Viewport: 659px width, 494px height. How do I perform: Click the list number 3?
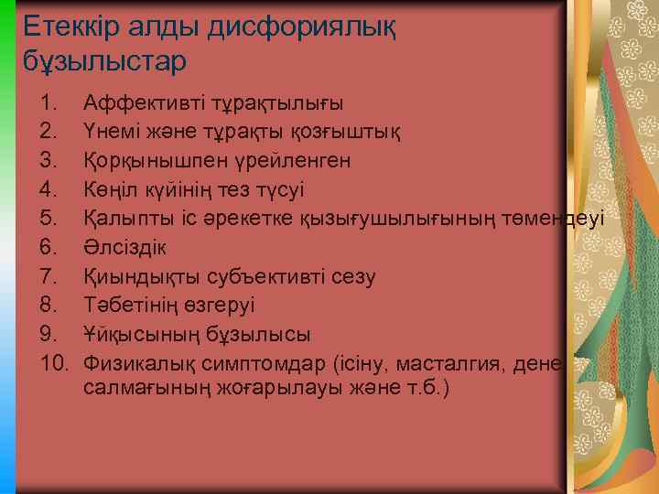point(51,160)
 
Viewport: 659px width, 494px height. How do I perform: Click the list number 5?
point(51,218)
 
